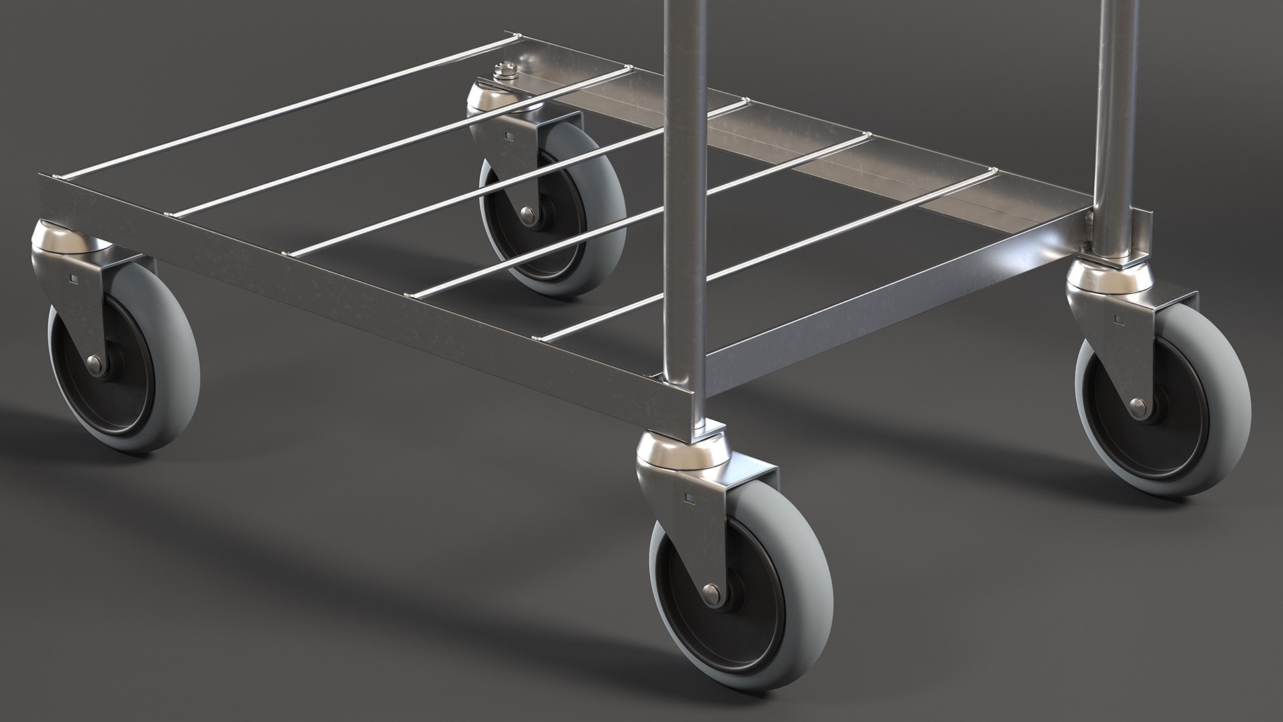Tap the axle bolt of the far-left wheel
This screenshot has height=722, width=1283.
[x=96, y=363]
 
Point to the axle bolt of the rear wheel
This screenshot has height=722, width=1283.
[x=528, y=213]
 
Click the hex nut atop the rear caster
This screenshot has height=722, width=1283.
[x=502, y=69]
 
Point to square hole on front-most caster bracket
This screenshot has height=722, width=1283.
[x=687, y=497]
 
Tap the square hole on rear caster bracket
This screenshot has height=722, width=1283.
[x=510, y=138]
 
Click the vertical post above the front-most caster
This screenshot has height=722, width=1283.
[x=686, y=201]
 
